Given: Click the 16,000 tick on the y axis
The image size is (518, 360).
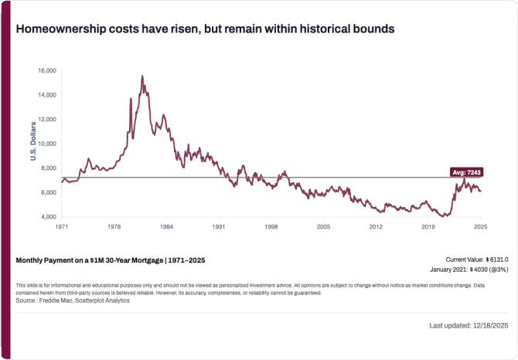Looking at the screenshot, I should (47, 70).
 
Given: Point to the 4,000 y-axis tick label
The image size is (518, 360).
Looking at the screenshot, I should (48, 217).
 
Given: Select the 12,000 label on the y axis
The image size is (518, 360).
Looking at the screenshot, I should (47, 119).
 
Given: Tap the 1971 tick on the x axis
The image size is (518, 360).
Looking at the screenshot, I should (62, 227).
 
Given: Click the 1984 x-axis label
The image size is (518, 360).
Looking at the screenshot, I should (166, 227).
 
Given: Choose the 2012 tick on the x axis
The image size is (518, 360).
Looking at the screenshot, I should (376, 227).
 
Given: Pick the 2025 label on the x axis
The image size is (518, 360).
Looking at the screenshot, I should (479, 227).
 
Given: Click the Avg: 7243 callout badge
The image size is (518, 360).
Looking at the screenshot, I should (466, 172).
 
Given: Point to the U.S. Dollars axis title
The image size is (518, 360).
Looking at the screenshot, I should (33, 144).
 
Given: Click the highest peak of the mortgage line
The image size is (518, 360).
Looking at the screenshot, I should (142, 76).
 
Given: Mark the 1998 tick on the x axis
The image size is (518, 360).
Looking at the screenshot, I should (271, 227).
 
